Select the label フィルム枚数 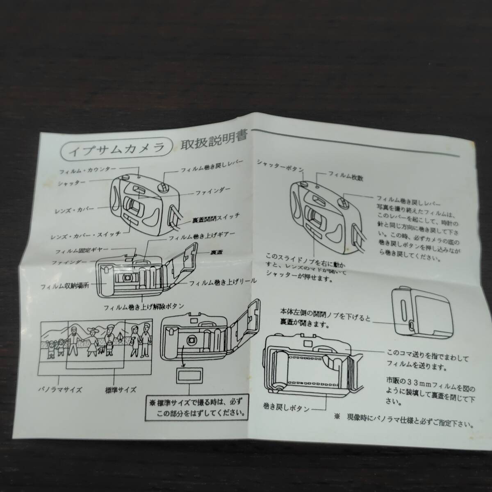[x=345, y=178]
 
